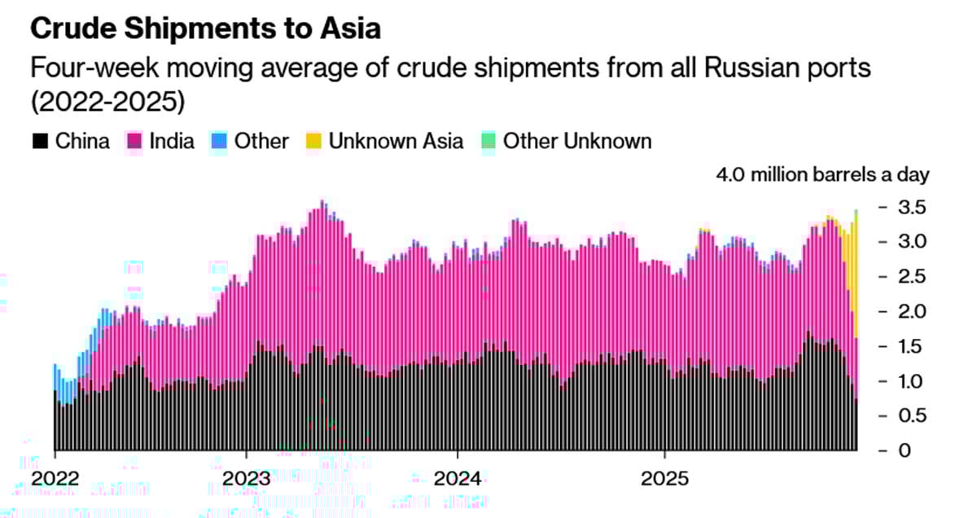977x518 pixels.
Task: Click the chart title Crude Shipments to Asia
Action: [x=205, y=29]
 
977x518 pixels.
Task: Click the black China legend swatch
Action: [x=40, y=141]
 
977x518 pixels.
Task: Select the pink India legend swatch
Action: [x=134, y=141]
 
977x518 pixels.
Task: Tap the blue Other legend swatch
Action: [x=219, y=141]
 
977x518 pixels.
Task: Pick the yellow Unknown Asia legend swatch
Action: [x=313, y=141]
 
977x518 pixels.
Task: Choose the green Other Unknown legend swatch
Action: [x=488, y=141]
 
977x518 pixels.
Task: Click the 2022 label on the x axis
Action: [x=55, y=476]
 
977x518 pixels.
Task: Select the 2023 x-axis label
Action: [x=246, y=476]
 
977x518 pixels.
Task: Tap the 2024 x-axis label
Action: [x=458, y=476]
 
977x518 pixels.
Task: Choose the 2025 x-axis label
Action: [x=665, y=476]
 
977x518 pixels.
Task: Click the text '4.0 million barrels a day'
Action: [x=822, y=175]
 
